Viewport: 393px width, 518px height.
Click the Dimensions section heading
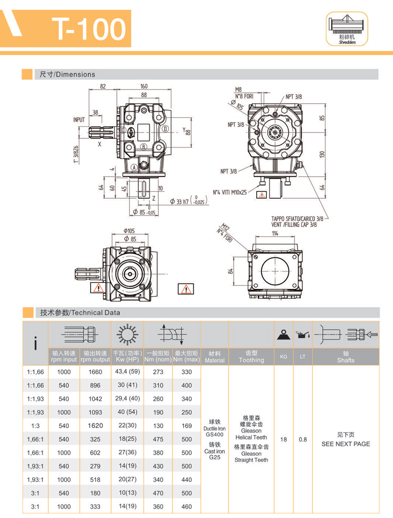pos(68,74)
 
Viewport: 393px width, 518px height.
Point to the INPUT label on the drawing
pos(79,120)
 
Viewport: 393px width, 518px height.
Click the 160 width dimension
pos(144,87)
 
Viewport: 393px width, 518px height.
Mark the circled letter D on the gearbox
pos(165,129)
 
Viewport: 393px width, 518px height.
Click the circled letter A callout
pos(134,167)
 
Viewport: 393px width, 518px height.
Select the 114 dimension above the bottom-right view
pos(274,234)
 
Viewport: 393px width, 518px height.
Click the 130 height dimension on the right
pos(323,153)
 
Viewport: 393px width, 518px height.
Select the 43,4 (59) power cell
pos(127,371)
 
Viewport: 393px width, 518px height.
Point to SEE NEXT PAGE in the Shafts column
pos(345,444)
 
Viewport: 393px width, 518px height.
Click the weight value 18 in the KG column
pos(283,439)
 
